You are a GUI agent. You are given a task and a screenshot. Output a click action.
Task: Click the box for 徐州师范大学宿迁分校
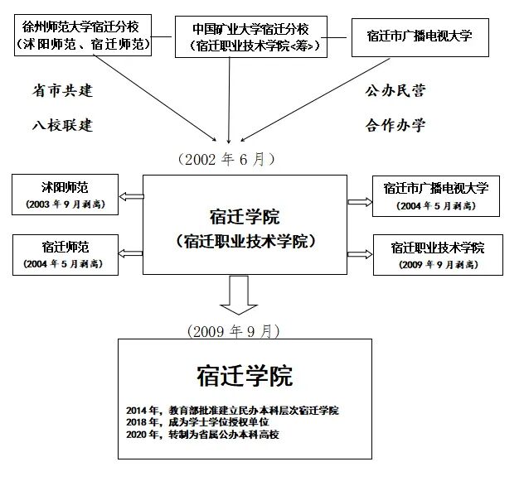coord(82,34)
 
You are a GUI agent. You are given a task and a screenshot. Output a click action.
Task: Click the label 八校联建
coord(57,125)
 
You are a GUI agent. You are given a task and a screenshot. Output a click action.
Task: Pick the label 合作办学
coord(395,125)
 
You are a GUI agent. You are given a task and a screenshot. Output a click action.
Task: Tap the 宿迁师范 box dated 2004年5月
coord(63,253)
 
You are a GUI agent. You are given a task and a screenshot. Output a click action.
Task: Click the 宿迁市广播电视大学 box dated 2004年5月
coord(436,195)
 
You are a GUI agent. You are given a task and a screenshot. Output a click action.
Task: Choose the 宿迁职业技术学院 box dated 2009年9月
coord(437,255)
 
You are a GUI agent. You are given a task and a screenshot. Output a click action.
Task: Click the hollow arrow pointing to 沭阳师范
coord(130,196)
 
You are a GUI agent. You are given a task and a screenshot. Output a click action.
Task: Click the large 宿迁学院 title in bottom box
coord(245,377)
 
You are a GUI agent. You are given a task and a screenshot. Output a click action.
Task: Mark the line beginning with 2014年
coord(232,411)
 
